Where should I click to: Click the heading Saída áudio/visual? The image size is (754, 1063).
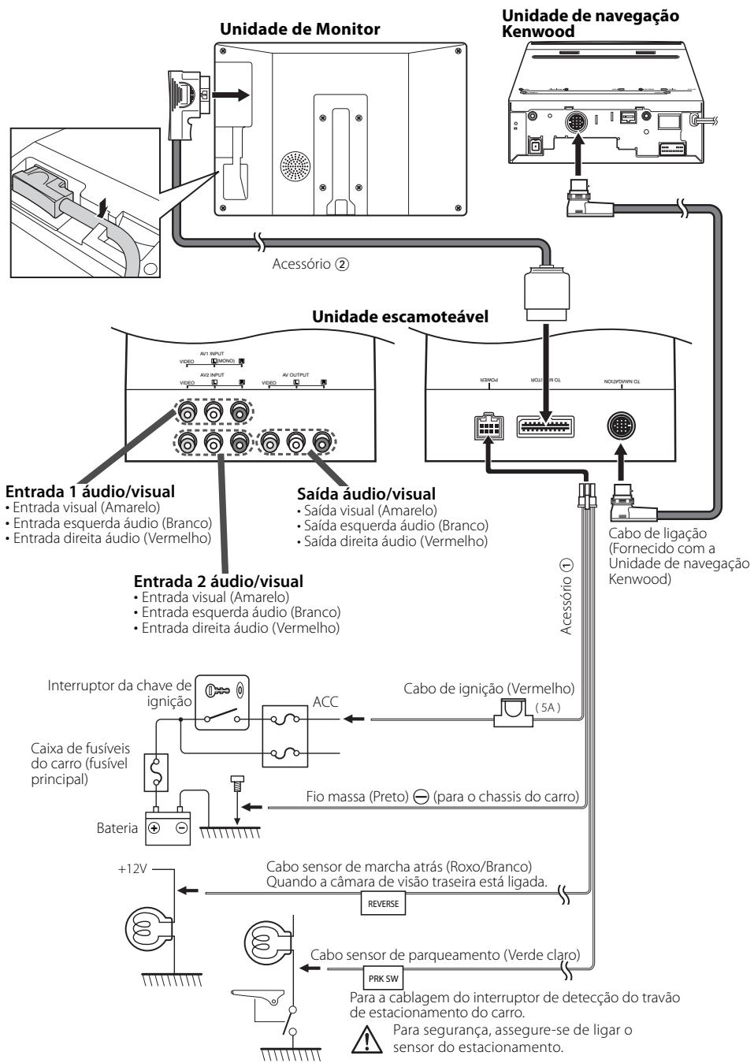(x=366, y=493)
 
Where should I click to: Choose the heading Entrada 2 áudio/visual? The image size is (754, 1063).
(x=218, y=582)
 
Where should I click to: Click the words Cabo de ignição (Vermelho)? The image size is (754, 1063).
(x=488, y=688)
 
